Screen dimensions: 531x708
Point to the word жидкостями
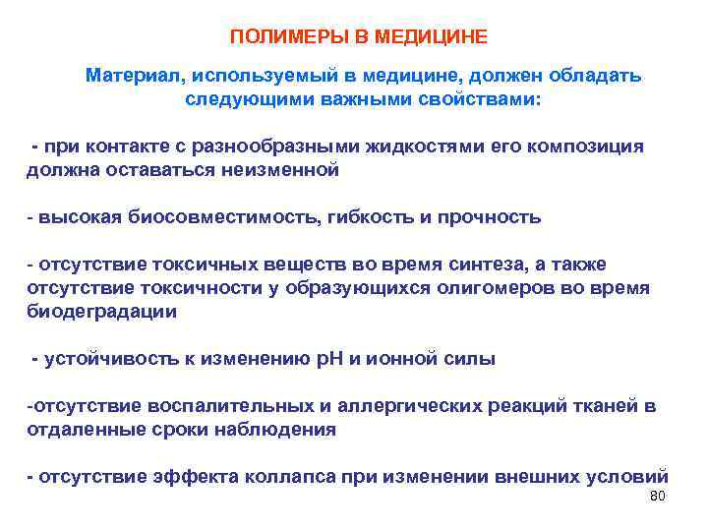point(426,147)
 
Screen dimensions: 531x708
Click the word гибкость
point(374,217)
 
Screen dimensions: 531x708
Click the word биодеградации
point(101,312)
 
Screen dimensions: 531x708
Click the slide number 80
point(657,497)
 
